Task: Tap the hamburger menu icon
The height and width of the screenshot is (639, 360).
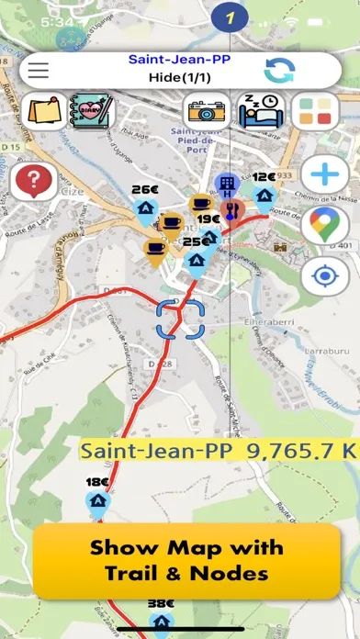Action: click(39, 71)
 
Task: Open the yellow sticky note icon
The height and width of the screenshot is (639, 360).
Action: click(44, 112)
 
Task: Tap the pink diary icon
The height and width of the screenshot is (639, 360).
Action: click(90, 112)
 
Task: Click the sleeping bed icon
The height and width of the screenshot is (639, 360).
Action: click(263, 112)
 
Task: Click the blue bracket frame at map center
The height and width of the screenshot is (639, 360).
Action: click(178, 319)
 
